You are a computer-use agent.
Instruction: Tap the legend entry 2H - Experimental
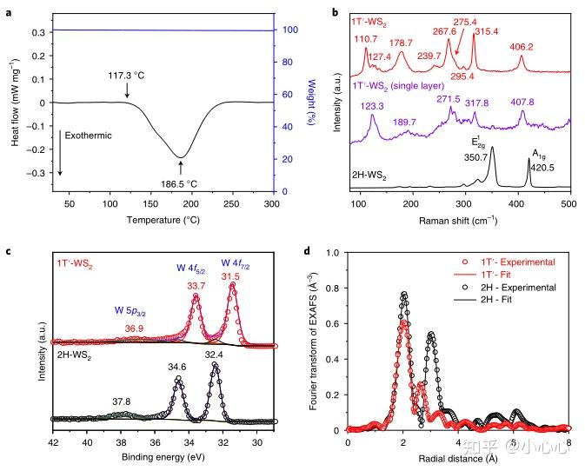tap(511, 286)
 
